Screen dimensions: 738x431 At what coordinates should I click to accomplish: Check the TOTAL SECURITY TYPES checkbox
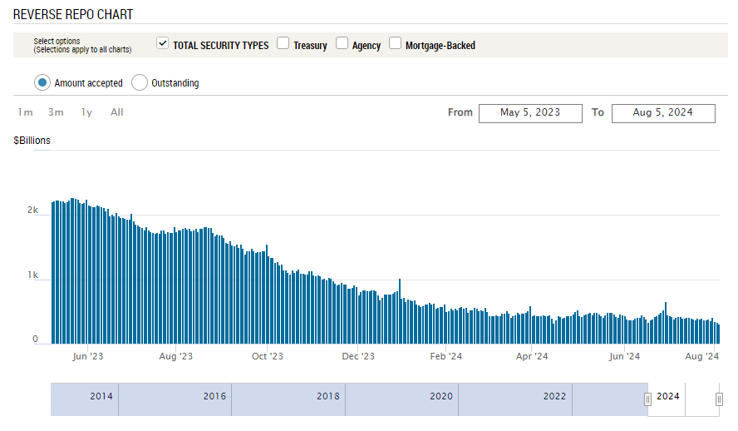point(162,43)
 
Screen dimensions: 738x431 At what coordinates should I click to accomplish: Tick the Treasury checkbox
point(283,43)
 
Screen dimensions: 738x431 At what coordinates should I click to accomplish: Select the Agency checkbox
point(342,43)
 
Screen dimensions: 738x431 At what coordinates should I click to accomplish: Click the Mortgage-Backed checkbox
point(395,43)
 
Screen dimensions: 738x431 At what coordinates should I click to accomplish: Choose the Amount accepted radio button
point(42,82)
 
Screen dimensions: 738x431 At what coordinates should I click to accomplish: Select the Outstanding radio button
point(140,82)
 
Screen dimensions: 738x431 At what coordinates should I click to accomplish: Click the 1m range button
point(25,112)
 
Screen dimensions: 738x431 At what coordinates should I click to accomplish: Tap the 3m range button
point(56,112)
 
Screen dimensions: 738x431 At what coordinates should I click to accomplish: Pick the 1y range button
point(86,112)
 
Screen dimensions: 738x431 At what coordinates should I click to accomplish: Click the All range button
point(116,112)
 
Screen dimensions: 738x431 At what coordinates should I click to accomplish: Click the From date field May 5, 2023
point(530,113)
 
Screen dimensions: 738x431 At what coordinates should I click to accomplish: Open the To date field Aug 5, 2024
point(663,113)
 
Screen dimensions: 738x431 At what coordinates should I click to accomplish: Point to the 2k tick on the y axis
point(32,210)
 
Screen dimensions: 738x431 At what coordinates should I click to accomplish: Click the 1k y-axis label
point(32,275)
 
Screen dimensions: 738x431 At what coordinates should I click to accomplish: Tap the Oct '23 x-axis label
point(268,356)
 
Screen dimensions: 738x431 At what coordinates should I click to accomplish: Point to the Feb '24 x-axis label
point(445,356)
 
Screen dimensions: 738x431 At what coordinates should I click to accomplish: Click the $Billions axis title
point(32,141)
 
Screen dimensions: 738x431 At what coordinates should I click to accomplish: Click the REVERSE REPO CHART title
point(73,15)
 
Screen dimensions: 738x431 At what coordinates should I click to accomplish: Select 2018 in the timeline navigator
point(328,396)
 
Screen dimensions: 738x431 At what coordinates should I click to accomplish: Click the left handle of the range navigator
point(647,399)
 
